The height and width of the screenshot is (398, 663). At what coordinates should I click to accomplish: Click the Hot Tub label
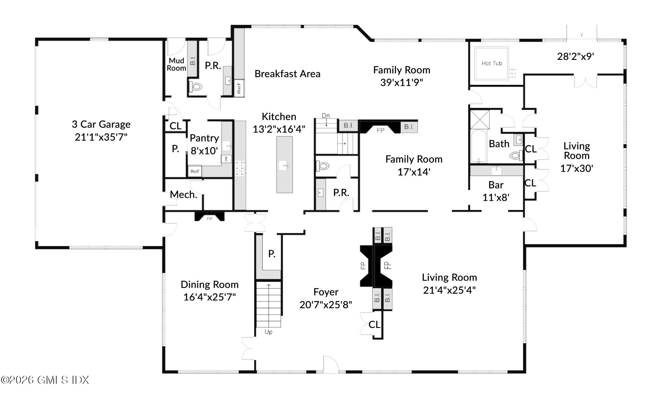(x=492, y=63)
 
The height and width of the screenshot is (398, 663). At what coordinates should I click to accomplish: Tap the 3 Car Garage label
(x=101, y=124)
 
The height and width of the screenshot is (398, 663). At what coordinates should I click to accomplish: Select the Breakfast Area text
(x=287, y=74)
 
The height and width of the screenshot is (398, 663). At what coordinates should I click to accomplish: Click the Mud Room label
(x=177, y=64)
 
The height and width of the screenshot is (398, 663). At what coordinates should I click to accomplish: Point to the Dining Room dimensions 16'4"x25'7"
(x=210, y=297)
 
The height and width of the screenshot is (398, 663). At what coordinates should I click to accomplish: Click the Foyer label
(x=326, y=292)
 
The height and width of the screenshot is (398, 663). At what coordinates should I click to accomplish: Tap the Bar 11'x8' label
(x=496, y=191)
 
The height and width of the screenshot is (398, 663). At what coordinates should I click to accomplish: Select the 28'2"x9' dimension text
(x=576, y=56)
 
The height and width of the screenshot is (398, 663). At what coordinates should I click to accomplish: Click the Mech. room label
(x=184, y=194)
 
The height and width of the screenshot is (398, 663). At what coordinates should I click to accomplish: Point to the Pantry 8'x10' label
(x=204, y=144)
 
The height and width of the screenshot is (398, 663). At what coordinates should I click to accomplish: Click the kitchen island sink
(x=285, y=166)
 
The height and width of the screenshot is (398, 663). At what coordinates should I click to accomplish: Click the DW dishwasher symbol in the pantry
(x=226, y=159)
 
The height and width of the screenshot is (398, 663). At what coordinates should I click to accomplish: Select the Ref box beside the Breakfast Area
(x=239, y=88)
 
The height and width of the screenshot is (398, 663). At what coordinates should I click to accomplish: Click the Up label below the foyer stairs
(x=269, y=332)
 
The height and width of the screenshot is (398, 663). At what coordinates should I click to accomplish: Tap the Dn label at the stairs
(x=326, y=116)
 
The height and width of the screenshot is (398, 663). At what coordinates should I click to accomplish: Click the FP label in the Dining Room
(x=210, y=219)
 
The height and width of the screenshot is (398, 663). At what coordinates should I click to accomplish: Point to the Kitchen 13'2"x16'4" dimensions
(x=279, y=129)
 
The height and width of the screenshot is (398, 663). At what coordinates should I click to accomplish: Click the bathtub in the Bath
(x=478, y=146)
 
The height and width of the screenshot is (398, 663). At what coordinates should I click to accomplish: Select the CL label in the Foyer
(x=374, y=324)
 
